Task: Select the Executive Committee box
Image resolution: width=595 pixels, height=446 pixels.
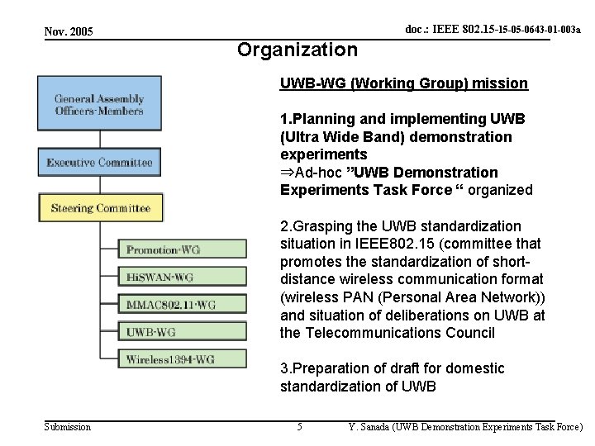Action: coord(99,162)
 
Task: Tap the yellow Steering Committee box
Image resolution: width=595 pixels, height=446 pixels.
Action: coord(99,208)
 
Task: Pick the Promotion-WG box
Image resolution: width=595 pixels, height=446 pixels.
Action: coord(183,249)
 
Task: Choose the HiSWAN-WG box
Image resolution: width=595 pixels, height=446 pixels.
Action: coord(183,277)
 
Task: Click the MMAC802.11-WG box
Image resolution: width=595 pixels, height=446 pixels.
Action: coord(183,305)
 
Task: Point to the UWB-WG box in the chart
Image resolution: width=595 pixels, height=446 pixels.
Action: coord(183,332)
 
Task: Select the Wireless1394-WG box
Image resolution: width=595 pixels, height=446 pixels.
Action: coord(183,359)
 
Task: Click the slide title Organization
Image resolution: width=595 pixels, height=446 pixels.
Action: coord(297,50)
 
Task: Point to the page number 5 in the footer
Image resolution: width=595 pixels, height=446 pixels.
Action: coord(299,427)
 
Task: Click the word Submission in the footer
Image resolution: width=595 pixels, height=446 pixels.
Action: coord(67,427)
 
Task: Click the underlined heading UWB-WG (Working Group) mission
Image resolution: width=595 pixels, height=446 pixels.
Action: coord(404,84)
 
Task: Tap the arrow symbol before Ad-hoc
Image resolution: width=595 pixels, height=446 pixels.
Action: coord(287,172)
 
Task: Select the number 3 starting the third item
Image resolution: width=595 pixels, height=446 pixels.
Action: coord(285,368)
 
